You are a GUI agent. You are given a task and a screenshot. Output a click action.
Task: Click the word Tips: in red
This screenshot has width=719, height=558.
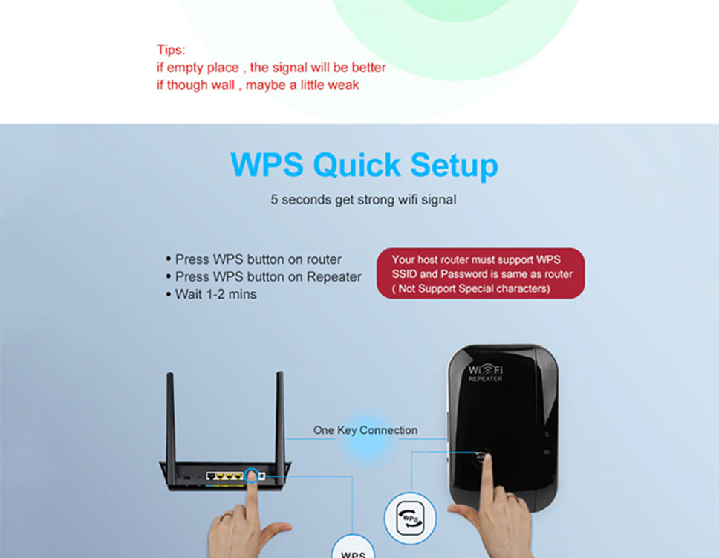tap(171, 50)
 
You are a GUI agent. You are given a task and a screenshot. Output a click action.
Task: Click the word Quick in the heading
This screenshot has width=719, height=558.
tap(357, 165)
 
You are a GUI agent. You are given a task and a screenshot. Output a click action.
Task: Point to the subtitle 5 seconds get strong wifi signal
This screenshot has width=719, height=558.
tap(363, 200)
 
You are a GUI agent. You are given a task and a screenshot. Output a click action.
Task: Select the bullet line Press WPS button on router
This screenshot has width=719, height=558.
tap(253, 259)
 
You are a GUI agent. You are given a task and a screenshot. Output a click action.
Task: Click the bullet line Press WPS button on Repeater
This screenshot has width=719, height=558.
tap(264, 276)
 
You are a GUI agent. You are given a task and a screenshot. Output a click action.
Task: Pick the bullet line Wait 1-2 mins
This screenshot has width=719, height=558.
tap(211, 294)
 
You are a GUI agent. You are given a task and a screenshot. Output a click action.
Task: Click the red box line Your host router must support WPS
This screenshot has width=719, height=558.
tap(476, 260)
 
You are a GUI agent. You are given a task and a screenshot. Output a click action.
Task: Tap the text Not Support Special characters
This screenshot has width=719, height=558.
tap(474, 288)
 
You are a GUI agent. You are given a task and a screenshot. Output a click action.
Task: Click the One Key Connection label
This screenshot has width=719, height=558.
tap(365, 430)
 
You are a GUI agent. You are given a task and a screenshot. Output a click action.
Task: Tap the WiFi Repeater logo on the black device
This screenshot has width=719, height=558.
tap(485, 372)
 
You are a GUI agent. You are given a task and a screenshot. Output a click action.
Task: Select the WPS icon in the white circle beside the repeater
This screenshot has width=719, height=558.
tap(411, 519)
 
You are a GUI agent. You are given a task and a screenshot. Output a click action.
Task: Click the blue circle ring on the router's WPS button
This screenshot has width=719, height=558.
tap(251, 475)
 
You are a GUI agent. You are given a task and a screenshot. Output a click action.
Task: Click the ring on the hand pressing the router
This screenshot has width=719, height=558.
tap(226, 516)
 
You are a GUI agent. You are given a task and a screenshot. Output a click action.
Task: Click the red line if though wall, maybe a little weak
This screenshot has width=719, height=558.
tap(258, 85)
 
